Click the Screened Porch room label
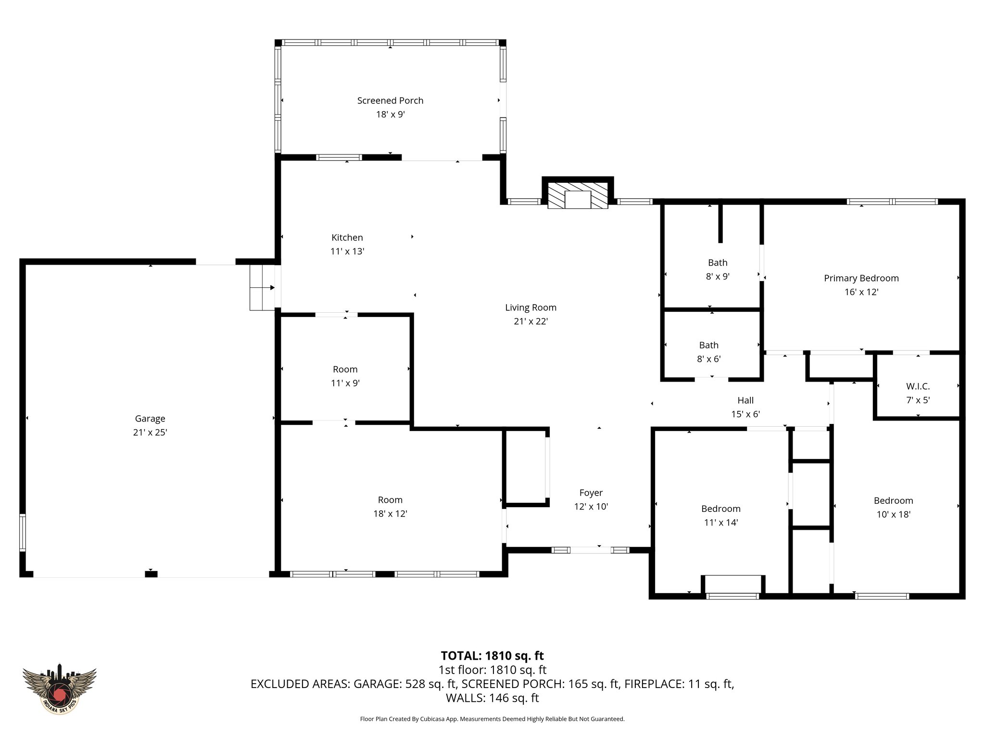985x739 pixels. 390,101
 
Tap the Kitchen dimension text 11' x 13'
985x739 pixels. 347,251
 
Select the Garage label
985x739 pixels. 150,419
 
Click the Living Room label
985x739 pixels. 530,307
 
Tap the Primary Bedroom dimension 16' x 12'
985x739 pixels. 861,292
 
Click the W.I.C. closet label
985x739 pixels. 918,386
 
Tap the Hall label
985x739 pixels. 745,400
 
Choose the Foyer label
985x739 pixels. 591,493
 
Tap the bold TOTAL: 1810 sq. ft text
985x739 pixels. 492,656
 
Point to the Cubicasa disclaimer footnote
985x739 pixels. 492,719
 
